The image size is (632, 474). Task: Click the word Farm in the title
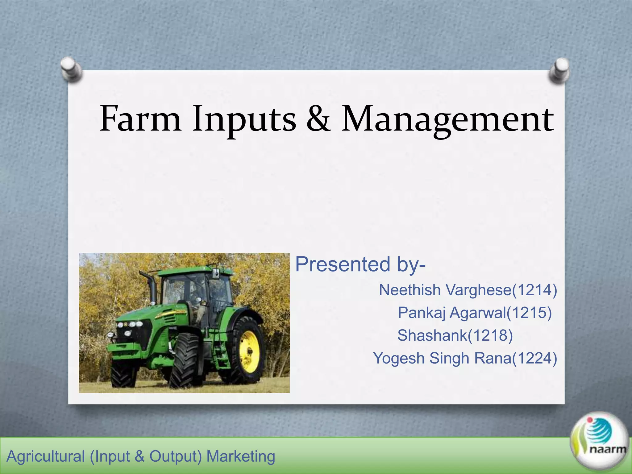click(140, 119)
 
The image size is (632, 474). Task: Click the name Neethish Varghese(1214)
click(468, 290)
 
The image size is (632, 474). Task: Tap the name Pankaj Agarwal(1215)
click(475, 313)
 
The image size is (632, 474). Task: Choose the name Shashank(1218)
click(455, 335)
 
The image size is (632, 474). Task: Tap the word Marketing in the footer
click(241, 456)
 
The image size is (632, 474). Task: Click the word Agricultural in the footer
click(46, 456)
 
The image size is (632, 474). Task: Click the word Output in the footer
click(175, 456)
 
